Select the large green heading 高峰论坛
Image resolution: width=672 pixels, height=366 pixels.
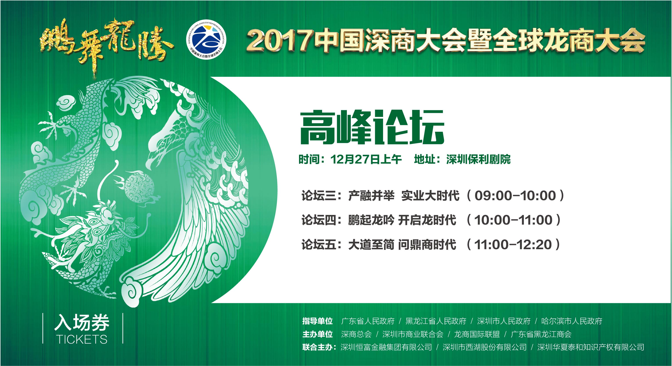point(372,127)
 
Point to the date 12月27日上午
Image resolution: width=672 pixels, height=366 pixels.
point(366,159)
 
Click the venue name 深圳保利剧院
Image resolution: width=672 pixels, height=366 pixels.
point(478,159)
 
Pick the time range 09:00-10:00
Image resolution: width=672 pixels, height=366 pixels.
point(515,196)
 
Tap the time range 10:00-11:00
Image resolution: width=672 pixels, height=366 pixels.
point(513,220)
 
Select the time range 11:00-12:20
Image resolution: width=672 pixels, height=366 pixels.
point(513,244)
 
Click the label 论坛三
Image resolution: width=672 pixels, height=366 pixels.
point(319,196)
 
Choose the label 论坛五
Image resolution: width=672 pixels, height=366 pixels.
point(319,244)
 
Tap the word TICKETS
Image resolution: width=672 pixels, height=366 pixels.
point(82,339)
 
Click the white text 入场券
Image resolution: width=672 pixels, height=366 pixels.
point(82,323)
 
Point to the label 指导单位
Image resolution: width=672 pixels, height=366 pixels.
point(317,321)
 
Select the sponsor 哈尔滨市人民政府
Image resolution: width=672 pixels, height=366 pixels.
point(572,321)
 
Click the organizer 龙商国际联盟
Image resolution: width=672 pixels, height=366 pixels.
point(477,334)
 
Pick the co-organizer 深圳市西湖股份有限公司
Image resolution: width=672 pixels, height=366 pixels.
point(485,347)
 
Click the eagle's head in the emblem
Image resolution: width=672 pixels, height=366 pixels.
point(167,144)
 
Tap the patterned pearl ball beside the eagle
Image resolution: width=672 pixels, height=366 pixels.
point(139,187)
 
